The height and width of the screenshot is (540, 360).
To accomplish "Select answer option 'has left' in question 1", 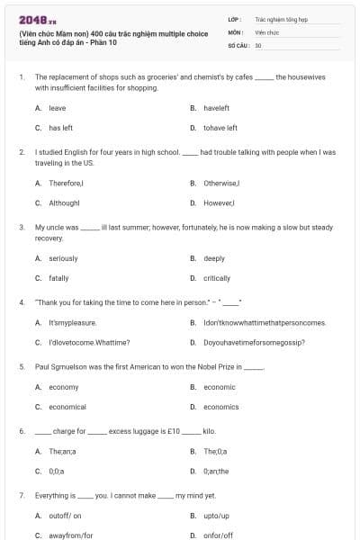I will tap(60, 128).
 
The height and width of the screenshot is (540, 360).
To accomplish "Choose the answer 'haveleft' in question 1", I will tap(216, 108).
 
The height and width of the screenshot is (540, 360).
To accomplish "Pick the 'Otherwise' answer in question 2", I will tap(222, 183).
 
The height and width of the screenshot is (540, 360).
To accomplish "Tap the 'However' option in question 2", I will tap(220, 202).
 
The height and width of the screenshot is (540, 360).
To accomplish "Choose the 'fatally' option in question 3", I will tap(58, 278).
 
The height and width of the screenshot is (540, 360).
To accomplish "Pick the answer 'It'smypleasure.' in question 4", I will tap(72, 322).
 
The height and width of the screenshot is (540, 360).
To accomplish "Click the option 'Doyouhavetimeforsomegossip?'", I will tap(254, 342).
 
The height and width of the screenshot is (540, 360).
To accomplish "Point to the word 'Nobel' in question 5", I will tap(212, 367).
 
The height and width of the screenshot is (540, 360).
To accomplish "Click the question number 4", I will tap(21, 302).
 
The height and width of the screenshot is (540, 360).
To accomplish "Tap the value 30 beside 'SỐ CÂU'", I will tap(258, 44).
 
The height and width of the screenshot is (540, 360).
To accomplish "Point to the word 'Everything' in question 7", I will tap(52, 495).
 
